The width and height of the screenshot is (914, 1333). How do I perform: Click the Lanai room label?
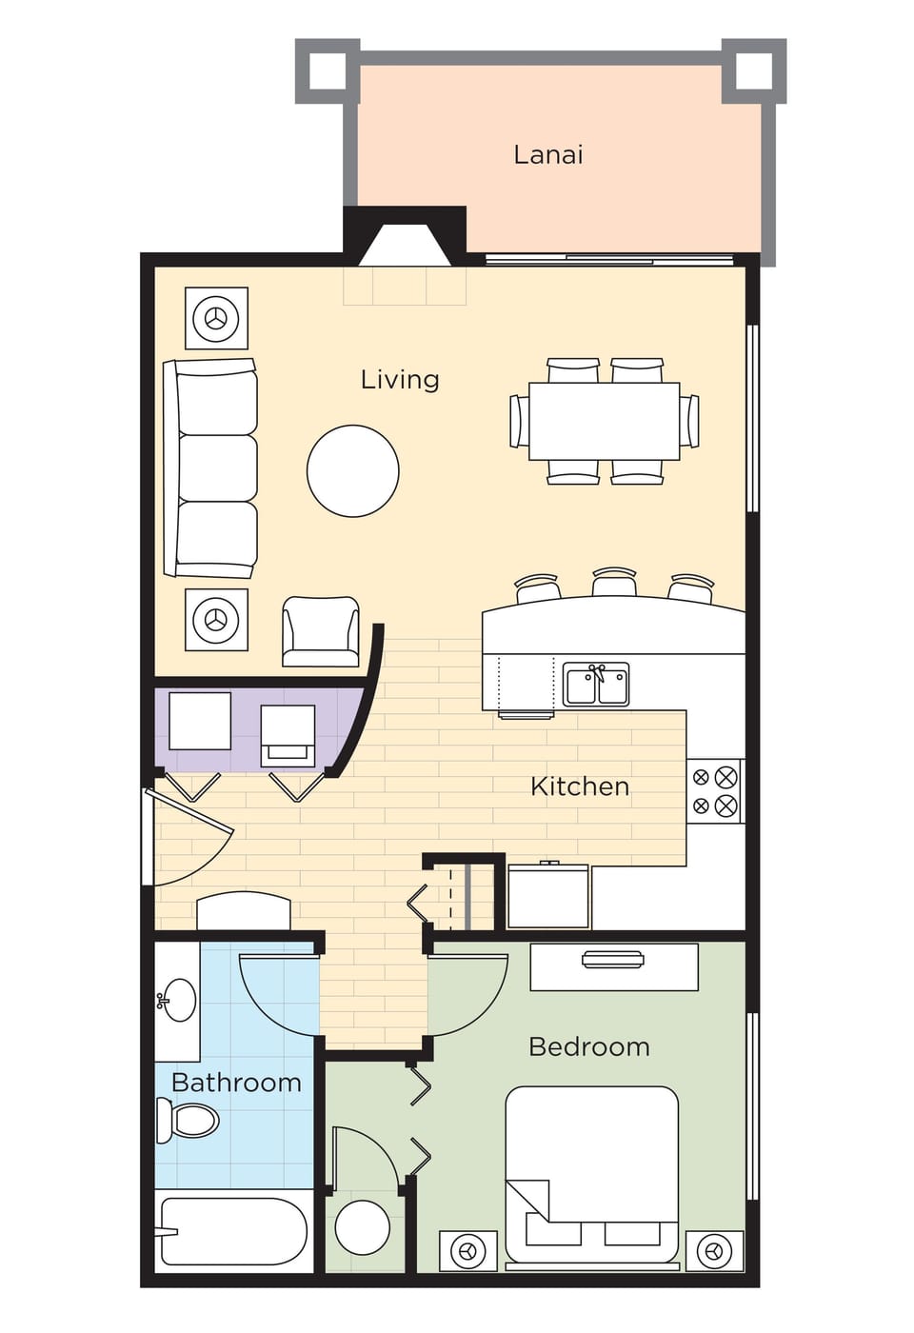click(547, 154)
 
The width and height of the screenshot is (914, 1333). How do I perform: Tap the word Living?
click(399, 379)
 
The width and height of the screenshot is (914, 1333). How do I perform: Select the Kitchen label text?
click(579, 786)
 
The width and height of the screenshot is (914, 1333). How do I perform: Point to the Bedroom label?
click(588, 1046)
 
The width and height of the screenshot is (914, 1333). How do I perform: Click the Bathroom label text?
click(236, 1083)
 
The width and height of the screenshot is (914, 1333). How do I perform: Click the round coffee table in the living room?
click(352, 471)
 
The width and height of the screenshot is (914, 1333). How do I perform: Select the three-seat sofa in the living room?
click(211, 468)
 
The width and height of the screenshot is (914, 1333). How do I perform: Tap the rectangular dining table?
click(605, 421)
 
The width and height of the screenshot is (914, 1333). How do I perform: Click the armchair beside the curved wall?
click(321, 630)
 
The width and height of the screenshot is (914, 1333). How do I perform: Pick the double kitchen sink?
click(596, 685)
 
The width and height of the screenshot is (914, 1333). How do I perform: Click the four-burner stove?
click(714, 791)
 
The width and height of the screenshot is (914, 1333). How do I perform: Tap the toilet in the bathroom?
click(189, 1120)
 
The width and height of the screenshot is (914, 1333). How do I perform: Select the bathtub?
click(233, 1231)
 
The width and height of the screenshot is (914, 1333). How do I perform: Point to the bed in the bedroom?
click(591, 1176)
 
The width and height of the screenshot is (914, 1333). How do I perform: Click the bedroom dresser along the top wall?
click(614, 966)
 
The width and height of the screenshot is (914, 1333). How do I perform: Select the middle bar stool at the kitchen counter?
click(614, 584)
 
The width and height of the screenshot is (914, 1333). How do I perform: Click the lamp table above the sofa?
click(216, 319)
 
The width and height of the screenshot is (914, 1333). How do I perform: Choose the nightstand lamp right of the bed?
click(714, 1251)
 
